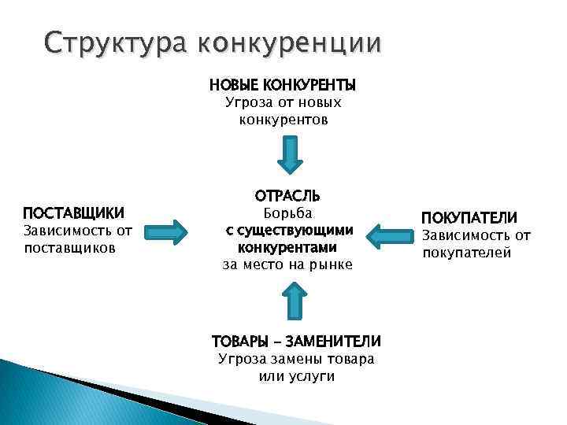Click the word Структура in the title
click(114, 40)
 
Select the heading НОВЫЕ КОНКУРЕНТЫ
click(282, 84)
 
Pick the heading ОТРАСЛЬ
click(287, 195)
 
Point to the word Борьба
click(287, 213)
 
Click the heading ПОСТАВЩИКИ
click(73, 213)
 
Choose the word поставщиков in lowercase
click(70, 248)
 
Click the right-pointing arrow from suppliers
click(168, 231)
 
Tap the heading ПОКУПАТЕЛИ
click(469, 217)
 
